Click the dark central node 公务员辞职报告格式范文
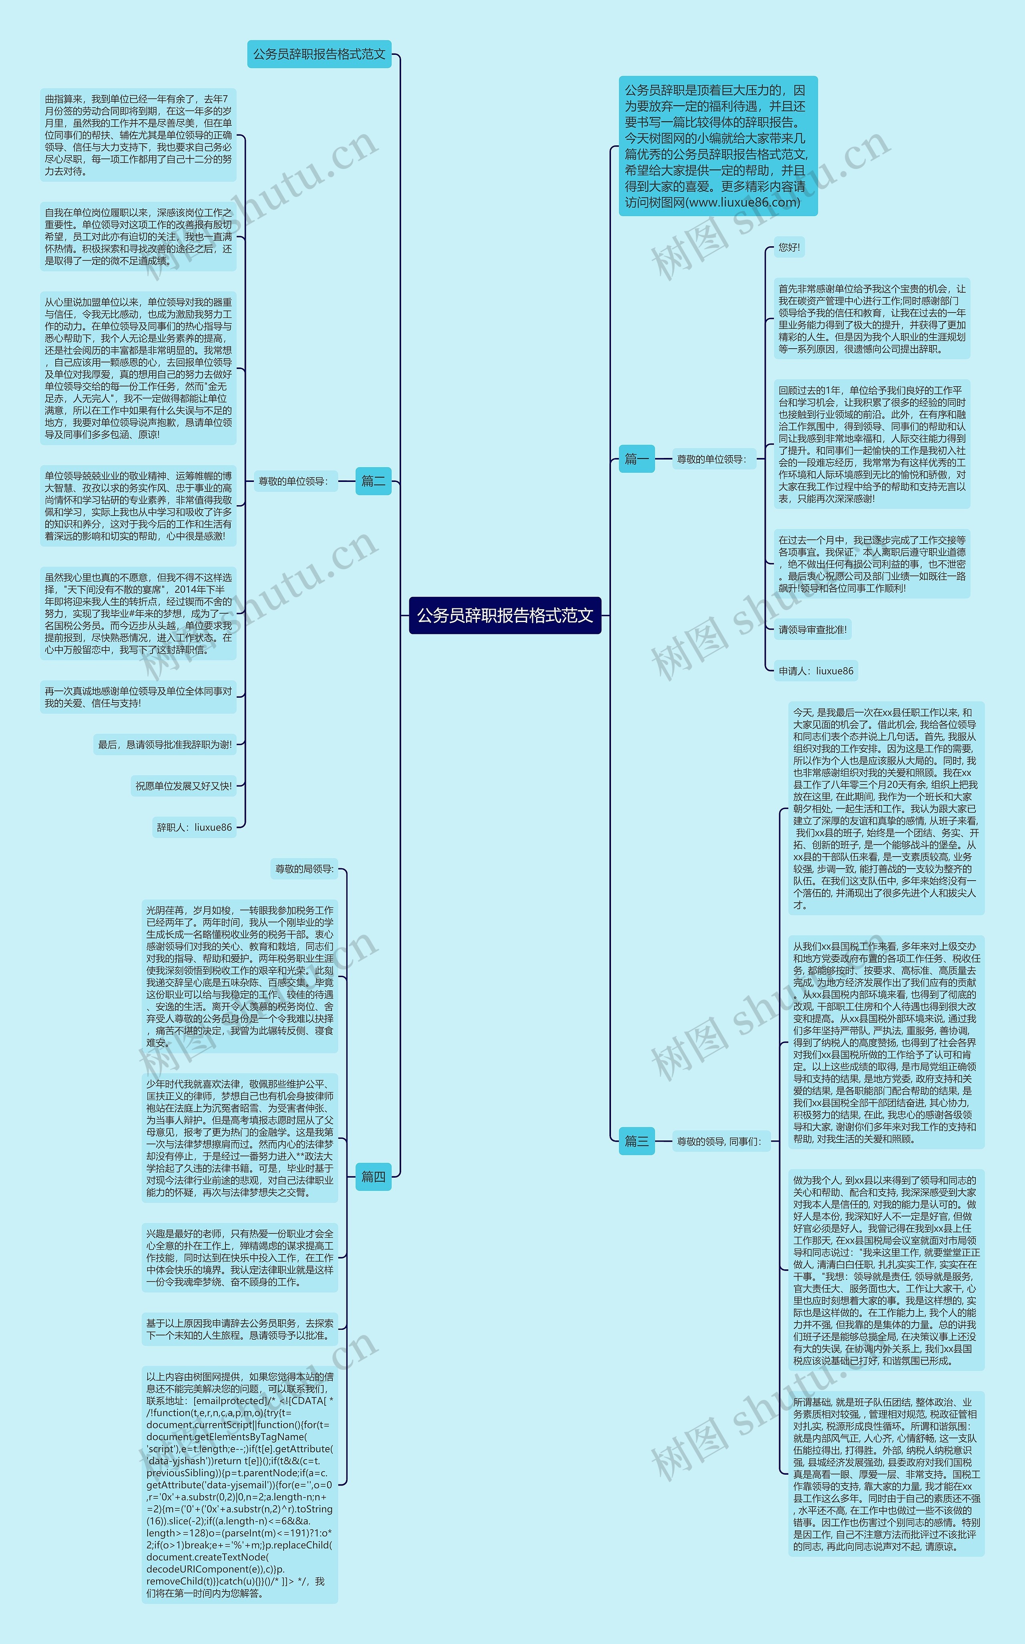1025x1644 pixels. tap(505, 615)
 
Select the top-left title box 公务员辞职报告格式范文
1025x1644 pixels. tap(319, 54)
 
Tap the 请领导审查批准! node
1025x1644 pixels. tap(812, 630)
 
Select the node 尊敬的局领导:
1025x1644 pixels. tap(304, 869)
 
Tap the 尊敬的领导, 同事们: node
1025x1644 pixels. tap(719, 1141)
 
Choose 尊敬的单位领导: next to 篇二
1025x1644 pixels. tap(293, 481)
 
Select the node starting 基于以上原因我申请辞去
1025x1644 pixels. tap(240, 1329)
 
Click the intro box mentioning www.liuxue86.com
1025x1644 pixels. tap(717, 146)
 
